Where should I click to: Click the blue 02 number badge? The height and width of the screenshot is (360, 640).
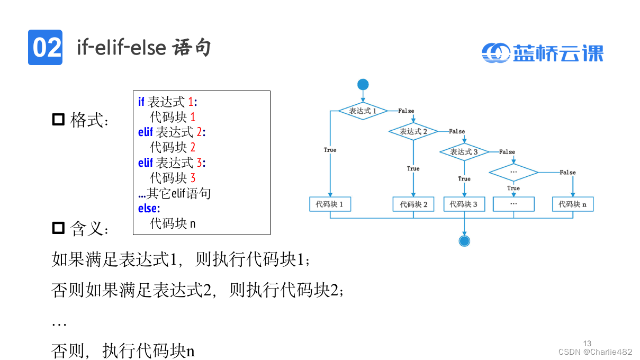(x=45, y=48)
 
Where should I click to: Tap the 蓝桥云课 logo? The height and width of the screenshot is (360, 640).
(x=543, y=52)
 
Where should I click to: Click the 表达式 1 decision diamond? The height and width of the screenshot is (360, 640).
(x=363, y=111)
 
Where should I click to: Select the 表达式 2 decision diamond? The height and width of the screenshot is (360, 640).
(x=413, y=131)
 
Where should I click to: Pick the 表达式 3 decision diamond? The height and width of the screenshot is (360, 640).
(x=464, y=152)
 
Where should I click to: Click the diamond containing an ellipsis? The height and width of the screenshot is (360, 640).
(x=513, y=172)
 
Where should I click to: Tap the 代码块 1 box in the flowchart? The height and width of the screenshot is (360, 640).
(x=330, y=204)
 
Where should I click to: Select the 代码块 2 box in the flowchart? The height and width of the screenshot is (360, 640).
(x=413, y=204)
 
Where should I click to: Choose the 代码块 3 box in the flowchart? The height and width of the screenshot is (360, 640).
(x=464, y=204)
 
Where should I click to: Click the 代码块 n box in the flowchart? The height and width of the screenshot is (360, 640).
(x=572, y=204)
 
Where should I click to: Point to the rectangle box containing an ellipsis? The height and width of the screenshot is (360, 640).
(x=513, y=204)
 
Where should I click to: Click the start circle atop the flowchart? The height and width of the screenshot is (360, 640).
(x=363, y=85)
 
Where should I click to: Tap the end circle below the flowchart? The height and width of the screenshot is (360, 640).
(x=464, y=241)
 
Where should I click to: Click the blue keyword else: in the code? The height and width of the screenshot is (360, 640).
(x=149, y=208)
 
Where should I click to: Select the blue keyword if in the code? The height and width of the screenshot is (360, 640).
(x=141, y=102)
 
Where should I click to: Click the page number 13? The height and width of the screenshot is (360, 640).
(x=587, y=343)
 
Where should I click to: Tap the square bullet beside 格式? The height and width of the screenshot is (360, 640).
(x=58, y=119)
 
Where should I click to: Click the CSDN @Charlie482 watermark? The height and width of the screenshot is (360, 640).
(x=595, y=352)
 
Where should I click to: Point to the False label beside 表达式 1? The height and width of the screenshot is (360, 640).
(x=406, y=111)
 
